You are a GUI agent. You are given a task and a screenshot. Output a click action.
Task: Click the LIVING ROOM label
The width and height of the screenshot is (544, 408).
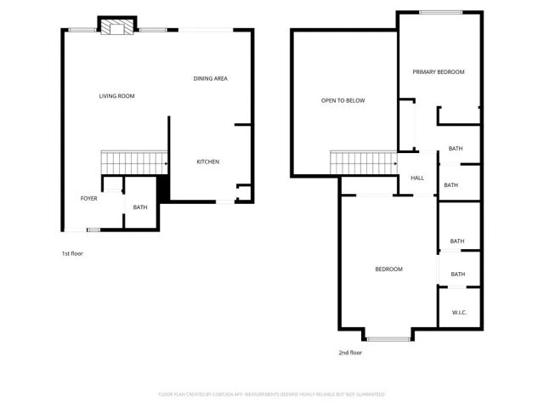[x=117, y=96]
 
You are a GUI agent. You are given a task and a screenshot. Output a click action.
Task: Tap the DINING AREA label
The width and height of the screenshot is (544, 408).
[x=210, y=79]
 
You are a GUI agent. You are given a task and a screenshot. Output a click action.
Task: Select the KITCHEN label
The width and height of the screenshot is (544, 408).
[x=208, y=161]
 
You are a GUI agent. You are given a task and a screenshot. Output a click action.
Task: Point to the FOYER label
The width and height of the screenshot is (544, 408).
[x=88, y=198]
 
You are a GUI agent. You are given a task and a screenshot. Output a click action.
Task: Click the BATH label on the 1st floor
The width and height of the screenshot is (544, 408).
[x=140, y=207]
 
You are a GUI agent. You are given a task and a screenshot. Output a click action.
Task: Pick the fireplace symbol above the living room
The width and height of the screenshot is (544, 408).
[x=116, y=27]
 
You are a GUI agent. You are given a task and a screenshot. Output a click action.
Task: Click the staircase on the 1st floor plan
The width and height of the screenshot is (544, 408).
[x=133, y=161]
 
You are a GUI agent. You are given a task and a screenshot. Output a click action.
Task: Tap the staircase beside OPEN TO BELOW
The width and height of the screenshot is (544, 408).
[x=363, y=161]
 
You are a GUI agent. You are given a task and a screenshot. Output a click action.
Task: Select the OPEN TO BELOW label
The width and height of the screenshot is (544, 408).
[x=343, y=100]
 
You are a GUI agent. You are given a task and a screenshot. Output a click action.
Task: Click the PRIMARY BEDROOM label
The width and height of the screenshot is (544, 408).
[x=439, y=72]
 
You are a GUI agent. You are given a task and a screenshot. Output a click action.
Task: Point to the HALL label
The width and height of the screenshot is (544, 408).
[x=417, y=178]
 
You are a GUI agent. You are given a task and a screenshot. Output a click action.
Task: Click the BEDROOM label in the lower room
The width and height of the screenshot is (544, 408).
[x=388, y=269]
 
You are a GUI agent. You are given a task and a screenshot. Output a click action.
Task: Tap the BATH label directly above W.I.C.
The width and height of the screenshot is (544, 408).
[x=457, y=274]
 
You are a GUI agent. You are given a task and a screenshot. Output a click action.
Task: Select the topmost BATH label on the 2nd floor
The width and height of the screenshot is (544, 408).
[x=456, y=150]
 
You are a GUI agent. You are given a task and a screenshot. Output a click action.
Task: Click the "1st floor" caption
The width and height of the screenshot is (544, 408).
[x=72, y=253]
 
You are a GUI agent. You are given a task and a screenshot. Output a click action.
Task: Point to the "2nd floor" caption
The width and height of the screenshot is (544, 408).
[x=350, y=352]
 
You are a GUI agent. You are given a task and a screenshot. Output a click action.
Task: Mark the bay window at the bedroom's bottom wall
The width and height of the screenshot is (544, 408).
[x=388, y=337]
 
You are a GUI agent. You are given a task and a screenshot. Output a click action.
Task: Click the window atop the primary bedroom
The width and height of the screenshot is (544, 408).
[x=441, y=12]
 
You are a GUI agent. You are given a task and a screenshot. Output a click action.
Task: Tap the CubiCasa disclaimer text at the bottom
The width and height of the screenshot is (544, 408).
[x=272, y=394]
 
